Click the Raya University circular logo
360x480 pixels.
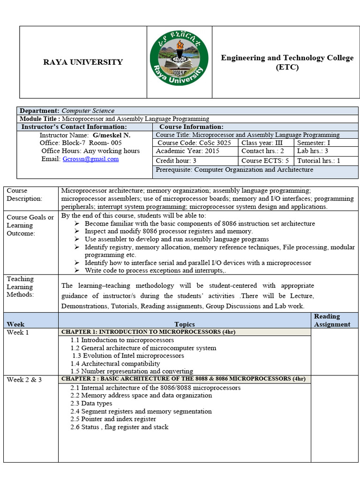tap(179, 62)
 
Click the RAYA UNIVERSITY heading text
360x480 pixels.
tap(83, 62)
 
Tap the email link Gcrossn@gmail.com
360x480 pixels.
tap(90, 159)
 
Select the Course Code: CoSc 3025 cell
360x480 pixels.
tap(195, 143)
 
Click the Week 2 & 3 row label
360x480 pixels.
tap(24, 379)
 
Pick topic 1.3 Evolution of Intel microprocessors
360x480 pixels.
tap(128, 355)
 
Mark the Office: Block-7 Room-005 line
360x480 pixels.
tap(81, 143)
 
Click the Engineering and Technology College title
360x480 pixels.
tap(287, 62)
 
